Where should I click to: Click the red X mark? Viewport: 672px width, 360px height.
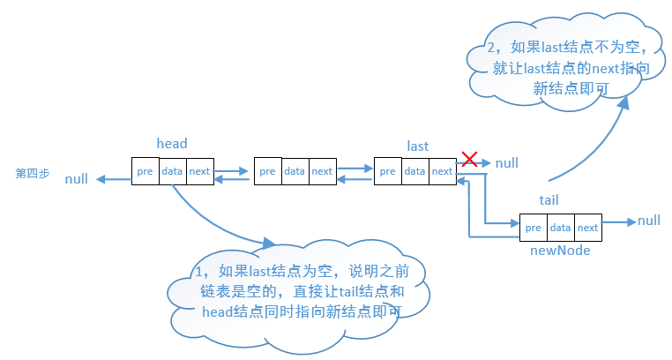[x=470, y=160]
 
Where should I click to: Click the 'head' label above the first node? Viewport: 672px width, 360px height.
[x=171, y=143]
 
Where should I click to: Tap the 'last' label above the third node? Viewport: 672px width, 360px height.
[x=418, y=145]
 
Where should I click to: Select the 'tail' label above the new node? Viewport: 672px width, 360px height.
[x=549, y=200]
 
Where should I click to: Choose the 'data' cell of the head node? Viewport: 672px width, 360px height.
[x=172, y=171]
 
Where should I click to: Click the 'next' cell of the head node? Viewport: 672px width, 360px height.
[x=199, y=171]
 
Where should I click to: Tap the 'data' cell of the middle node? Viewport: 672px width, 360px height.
[x=295, y=171]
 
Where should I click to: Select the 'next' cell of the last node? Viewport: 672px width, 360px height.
[x=442, y=171]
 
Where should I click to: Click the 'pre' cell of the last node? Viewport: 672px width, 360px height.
[x=388, y=171]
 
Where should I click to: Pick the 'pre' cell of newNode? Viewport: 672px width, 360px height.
[x=534, y=228]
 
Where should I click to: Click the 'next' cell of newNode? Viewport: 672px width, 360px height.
[x=588, y=228]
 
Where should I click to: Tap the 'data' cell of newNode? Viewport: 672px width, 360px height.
[x=560, y=228]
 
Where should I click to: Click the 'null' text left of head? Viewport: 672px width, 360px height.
[x=77, y=179]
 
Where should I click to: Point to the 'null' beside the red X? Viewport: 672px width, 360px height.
[x=507, y=163]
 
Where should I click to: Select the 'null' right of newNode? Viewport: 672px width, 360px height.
[x=649, y=220]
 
